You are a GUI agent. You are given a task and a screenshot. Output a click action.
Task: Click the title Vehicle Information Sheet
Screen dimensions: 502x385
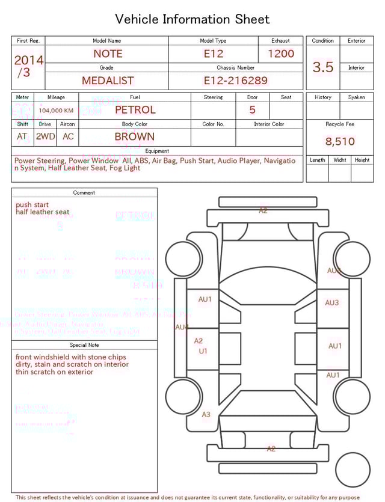192,19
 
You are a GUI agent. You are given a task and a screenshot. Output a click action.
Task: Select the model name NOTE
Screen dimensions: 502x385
108,54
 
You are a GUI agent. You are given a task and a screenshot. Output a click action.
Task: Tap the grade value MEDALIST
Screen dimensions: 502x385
108,80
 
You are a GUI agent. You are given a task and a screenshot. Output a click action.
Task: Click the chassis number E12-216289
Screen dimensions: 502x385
235,80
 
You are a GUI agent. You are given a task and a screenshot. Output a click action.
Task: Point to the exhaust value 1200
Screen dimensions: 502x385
281,54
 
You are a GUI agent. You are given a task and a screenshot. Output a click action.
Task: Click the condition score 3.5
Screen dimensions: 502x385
323,67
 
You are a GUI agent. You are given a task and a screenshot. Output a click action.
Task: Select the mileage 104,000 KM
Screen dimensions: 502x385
56,111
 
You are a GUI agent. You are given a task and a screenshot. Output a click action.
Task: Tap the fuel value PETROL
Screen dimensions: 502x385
135,109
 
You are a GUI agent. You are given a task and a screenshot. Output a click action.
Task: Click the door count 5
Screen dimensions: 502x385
252,109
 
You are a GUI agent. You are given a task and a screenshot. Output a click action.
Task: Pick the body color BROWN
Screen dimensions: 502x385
135,136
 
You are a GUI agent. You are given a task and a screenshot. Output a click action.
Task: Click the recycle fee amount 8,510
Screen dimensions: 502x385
340,142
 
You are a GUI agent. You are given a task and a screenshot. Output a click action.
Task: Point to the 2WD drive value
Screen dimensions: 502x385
45,136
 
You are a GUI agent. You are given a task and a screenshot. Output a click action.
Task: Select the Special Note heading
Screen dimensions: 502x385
84,345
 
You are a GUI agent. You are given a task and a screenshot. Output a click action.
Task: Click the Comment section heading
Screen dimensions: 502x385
84,193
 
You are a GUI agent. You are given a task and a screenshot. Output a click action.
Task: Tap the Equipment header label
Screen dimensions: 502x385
157,151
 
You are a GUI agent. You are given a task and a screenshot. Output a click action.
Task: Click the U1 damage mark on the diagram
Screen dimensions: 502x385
203,350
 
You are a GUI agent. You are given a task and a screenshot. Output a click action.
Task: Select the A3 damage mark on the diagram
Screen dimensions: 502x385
206,414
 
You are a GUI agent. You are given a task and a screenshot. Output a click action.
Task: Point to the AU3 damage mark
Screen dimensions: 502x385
332,303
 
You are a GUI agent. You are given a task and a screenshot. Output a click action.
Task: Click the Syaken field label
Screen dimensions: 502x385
356,97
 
